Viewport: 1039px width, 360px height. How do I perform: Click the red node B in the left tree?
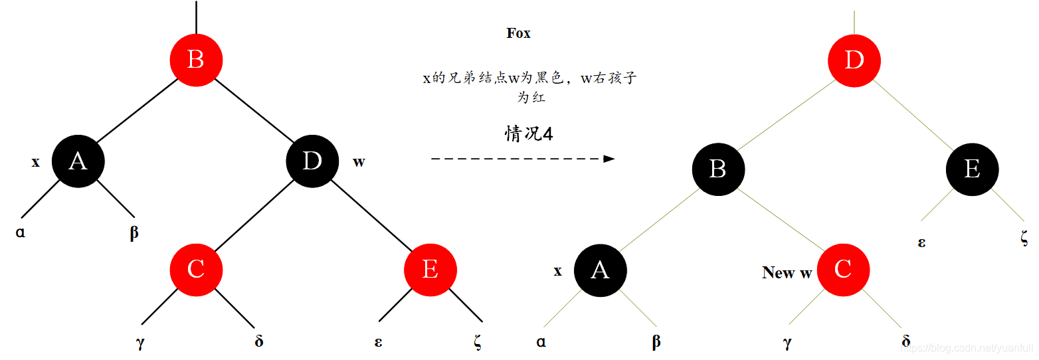click(196, 60)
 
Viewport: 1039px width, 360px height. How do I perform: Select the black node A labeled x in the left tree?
click(78, 161)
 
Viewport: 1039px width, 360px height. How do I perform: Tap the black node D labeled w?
click(312, 161)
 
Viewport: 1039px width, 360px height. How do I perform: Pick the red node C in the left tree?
click(196, 270)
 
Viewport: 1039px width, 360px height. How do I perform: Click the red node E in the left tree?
click(430, 270)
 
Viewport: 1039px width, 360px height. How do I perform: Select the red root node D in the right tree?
click(854, 60)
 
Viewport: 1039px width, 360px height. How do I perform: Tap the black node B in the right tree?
click(718, 169)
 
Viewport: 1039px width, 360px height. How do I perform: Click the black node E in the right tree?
click(972, 169)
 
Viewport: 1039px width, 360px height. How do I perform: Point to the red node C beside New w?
click(843, 270)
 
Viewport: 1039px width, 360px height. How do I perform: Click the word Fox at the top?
click(518, 33)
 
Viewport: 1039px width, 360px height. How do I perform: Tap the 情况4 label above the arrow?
click(529, 134)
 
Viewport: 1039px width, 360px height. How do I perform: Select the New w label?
click(787, 272)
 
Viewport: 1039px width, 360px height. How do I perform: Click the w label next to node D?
click(359, 161)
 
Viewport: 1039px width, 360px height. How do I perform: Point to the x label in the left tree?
click(36, 161)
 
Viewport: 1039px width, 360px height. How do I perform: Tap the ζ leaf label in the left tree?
click(478, 342)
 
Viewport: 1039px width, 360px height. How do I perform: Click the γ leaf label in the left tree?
click(140, 343)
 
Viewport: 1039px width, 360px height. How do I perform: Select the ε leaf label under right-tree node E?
click(922, 242)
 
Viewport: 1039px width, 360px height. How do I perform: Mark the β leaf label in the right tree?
click(656, 342)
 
